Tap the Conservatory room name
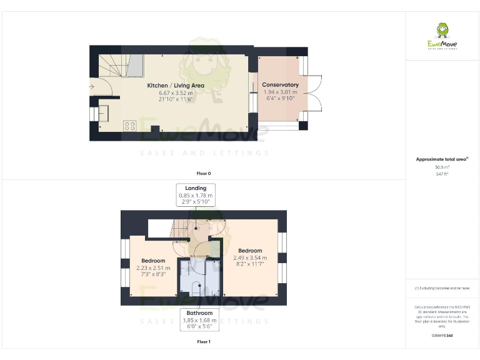click(x=280, y=85)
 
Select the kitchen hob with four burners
click(x=130, y=125)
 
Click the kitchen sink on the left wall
click(x=102, y=113)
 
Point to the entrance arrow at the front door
click(x=92, y=87)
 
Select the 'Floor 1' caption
click(x=203, y=342)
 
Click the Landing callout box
click(x=196, y=195)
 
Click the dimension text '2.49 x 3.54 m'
click(x=250, y=257)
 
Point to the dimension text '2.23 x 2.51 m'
click(x=153, y=267)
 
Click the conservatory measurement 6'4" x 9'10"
click(x=280, y=99)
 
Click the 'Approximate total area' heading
click(x=441, y=159)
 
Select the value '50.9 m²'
click(x=442, y=167)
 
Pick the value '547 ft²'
click(x=442, y=174)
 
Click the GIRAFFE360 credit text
click(x=442, y=336)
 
